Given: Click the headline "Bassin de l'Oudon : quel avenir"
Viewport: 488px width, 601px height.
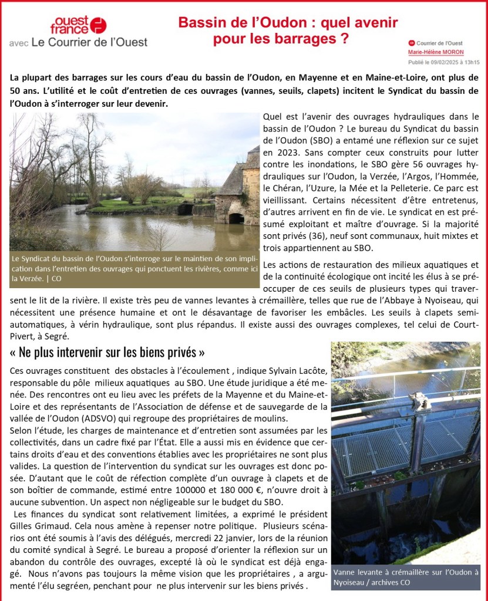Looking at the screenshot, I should tap(288, 23).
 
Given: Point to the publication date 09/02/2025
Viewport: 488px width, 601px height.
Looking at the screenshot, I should tap(443, 62).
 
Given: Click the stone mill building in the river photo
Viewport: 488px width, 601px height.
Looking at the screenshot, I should tap(238, 188).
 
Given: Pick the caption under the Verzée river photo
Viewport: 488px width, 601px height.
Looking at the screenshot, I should tap(134, 269).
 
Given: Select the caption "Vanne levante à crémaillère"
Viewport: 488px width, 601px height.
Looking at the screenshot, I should tap(405, 577).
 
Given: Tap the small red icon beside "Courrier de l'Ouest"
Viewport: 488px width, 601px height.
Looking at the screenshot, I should tap(411, 43).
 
